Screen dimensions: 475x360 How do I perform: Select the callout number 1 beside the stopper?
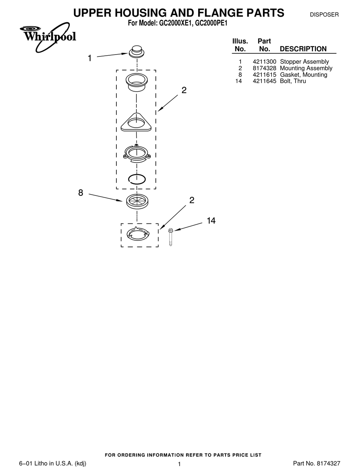coord(90,58)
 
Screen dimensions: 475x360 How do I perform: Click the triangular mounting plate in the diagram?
coord(136,122)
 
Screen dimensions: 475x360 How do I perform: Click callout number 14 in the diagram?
coord(211,221)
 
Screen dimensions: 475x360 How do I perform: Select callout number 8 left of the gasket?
coord(81,192)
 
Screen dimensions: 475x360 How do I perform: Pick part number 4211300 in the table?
coord(265,62)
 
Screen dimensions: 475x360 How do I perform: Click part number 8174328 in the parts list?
coord(265,68)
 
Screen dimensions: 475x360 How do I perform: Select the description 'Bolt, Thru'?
coord(293,81)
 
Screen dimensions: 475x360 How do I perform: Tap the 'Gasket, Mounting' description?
coord(303,75)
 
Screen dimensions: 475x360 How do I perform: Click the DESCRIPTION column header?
coord(303,49)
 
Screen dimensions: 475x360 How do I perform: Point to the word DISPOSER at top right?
coord(324,15)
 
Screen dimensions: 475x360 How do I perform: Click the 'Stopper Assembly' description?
coord(304,62)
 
